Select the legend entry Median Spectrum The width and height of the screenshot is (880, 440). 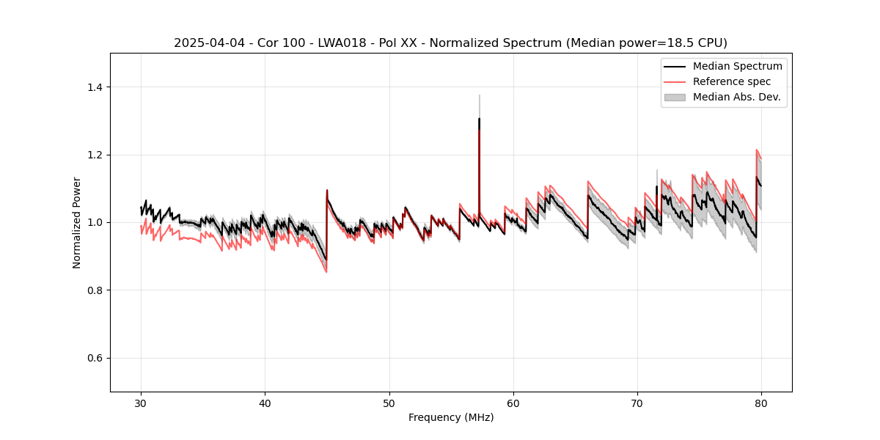[737, 66]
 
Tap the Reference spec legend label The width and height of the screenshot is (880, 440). [732, 81]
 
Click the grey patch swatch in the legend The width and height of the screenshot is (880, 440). [675, 97]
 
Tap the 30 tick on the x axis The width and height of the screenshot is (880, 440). [141, 403]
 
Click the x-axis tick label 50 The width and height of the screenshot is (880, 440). [389, 403]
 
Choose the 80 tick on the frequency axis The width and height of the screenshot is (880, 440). [760, 403]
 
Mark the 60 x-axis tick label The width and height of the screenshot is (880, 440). [513, 403]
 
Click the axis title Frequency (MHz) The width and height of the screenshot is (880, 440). [451, 417]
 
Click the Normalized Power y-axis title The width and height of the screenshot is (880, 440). [77, 222]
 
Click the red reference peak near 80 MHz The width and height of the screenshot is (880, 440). [757, 150]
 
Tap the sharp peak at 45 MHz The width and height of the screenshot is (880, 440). [327, 190]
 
